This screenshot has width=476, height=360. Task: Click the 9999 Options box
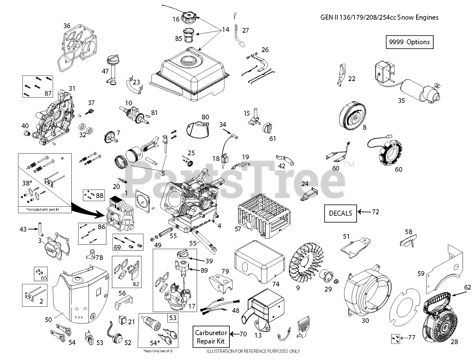coord(409,42)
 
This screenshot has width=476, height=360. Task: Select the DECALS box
coord(340,213)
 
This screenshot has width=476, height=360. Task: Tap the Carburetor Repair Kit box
coord(210,337)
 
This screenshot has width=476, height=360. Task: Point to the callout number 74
coord(276,273)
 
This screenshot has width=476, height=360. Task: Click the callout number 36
coord(67,26)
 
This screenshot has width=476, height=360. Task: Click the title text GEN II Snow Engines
coord(379,17)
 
